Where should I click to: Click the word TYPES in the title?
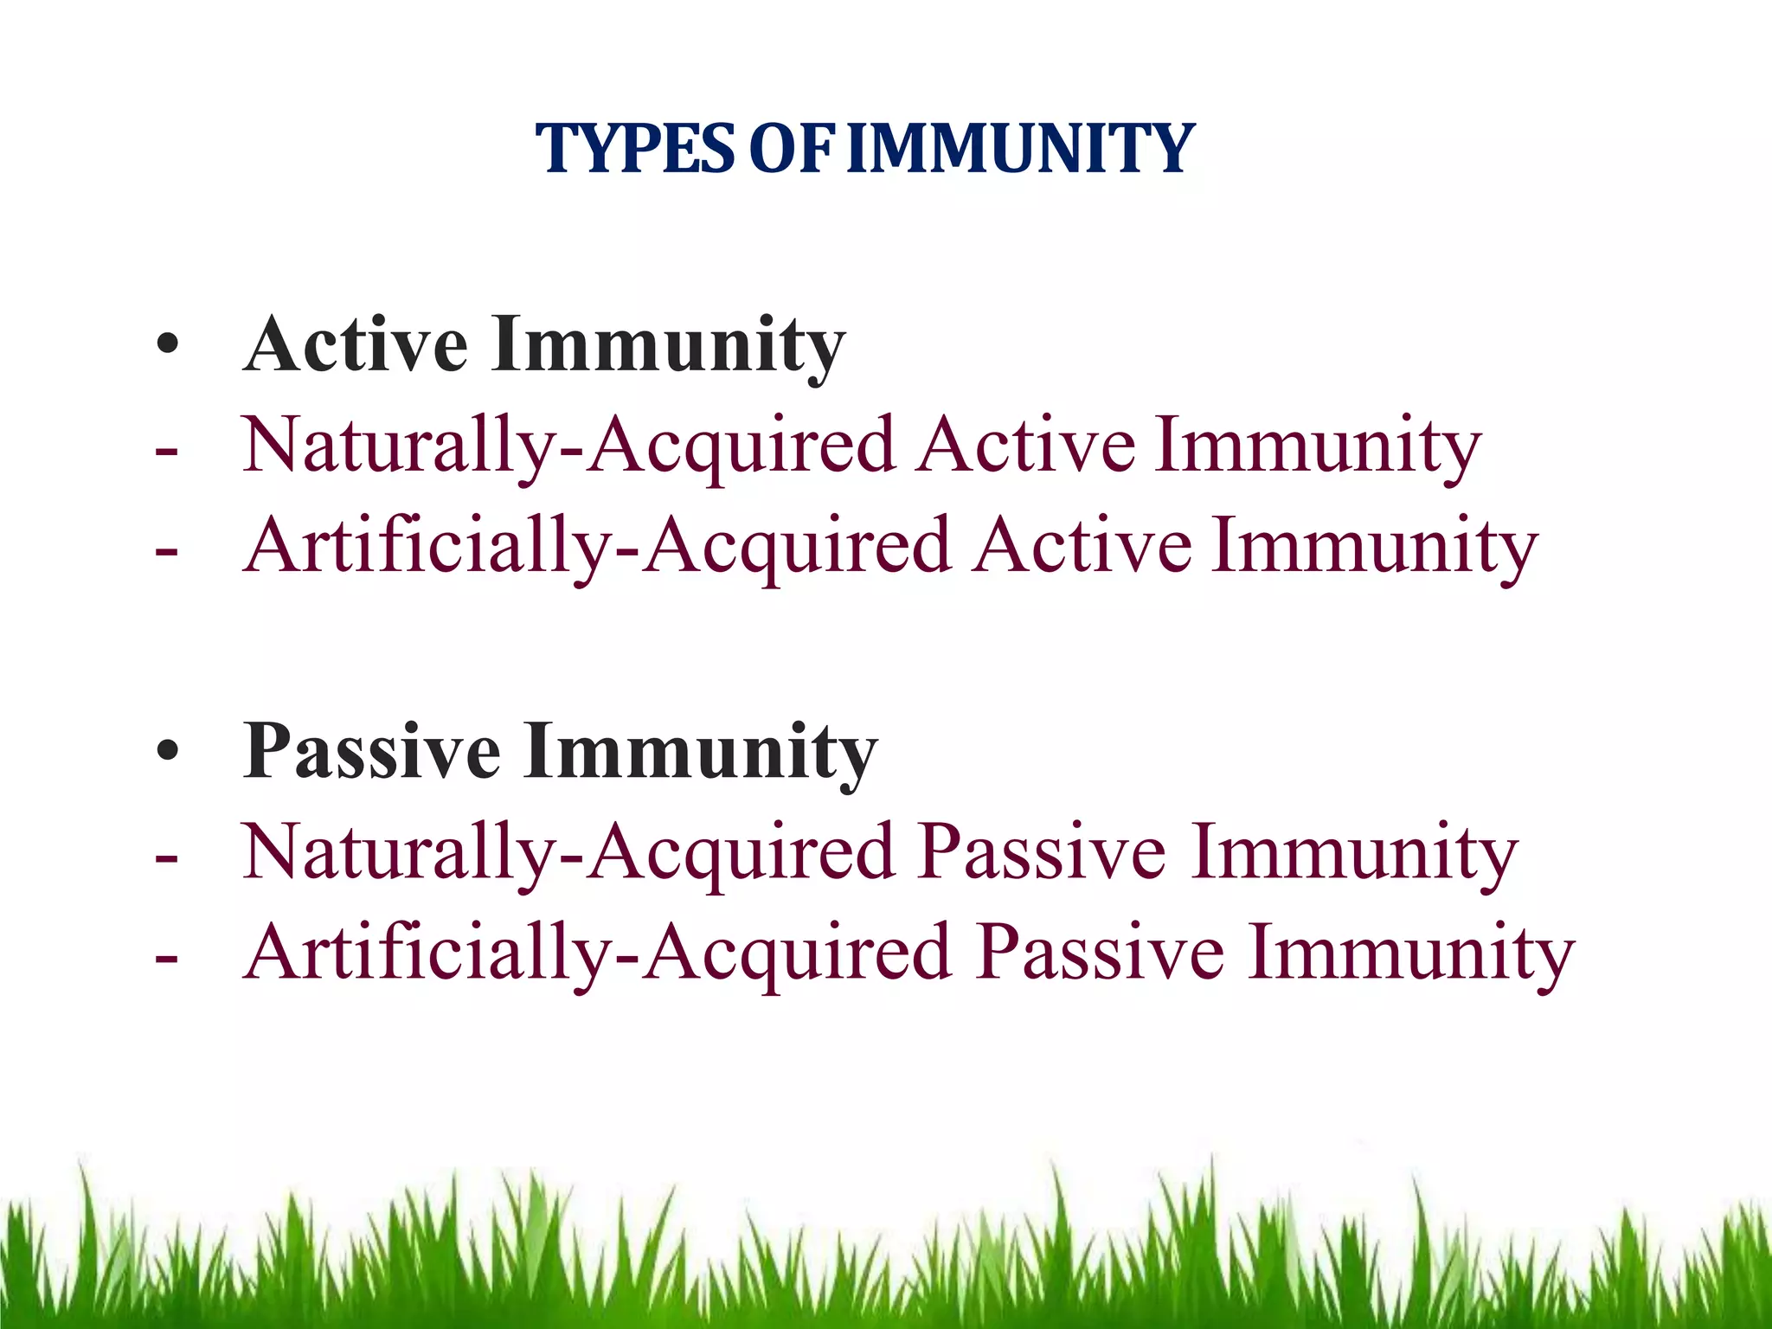click(636, 149)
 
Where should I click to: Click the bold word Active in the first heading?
click(356, 345)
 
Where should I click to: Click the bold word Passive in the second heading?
click(372, 751)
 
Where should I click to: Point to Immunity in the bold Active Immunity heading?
click(668, 345)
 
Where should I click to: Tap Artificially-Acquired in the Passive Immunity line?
click(597, 953)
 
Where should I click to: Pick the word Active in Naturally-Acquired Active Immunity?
click(1026, 446)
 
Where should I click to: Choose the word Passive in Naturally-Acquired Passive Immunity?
click(1043, 852)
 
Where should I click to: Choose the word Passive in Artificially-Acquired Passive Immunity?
click(1101, 953)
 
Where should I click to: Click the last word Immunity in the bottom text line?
click(1411, 953)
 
